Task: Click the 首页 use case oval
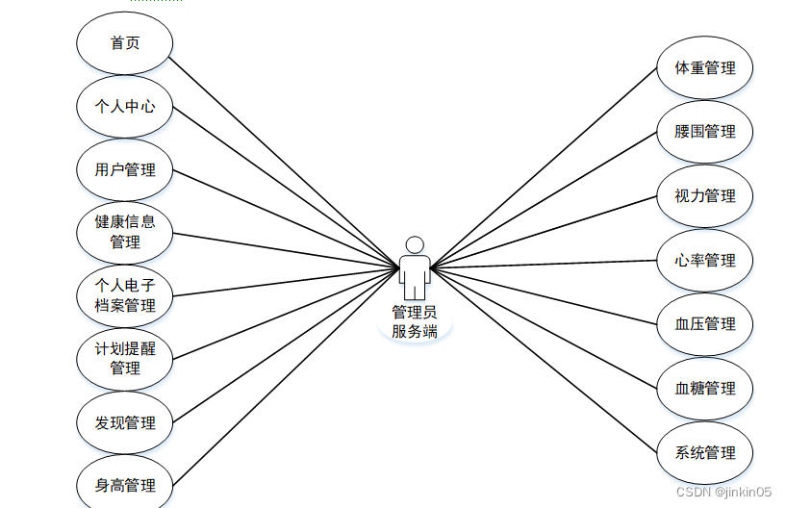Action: tap(124, 43)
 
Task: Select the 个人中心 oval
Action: tap(124, 107)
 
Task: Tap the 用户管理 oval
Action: tap(124, 170)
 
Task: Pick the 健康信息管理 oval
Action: tap(124, 232)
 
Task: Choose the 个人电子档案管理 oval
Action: tap(124, 295)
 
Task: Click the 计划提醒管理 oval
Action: tap(124, 358)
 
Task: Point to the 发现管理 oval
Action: tap(124, 422)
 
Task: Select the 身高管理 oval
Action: tap(124, 485)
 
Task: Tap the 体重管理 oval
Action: tap(704, 68)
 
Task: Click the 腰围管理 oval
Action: tap(704, 132)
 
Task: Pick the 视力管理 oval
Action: tap(704, 196)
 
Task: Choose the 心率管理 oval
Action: tap(704, 261)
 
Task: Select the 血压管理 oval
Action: tap(704, 324)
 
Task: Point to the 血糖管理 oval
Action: tap(704, 389)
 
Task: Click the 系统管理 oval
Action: tap(704, 452)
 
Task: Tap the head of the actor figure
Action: tap(415, 244)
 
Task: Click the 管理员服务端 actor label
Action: tap(415, 322)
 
